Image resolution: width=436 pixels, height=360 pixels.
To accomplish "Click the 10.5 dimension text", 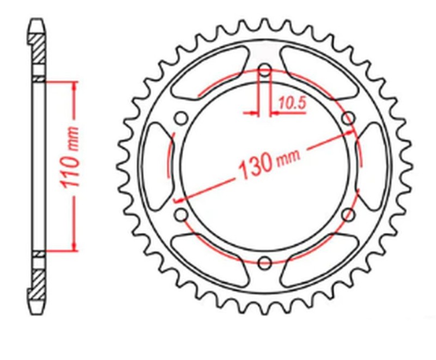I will [292, 101].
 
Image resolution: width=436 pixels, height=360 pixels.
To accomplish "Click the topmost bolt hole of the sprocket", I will [265, 70].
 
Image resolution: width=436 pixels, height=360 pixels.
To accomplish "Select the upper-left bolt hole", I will [181, 118].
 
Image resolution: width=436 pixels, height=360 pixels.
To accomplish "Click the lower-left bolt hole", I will [181, 214].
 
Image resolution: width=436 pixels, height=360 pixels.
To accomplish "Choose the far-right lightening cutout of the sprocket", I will [374, 166].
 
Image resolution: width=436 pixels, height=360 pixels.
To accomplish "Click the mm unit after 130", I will [289, 156].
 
